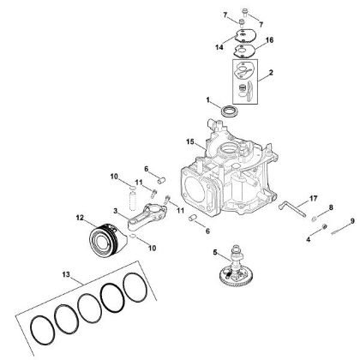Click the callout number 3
[x=115, y=210]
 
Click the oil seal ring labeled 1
[x=231, y=111]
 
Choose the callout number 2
[x=272, y=75]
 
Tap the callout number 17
[x=290, y=198]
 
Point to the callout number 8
[x=331, y=208]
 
